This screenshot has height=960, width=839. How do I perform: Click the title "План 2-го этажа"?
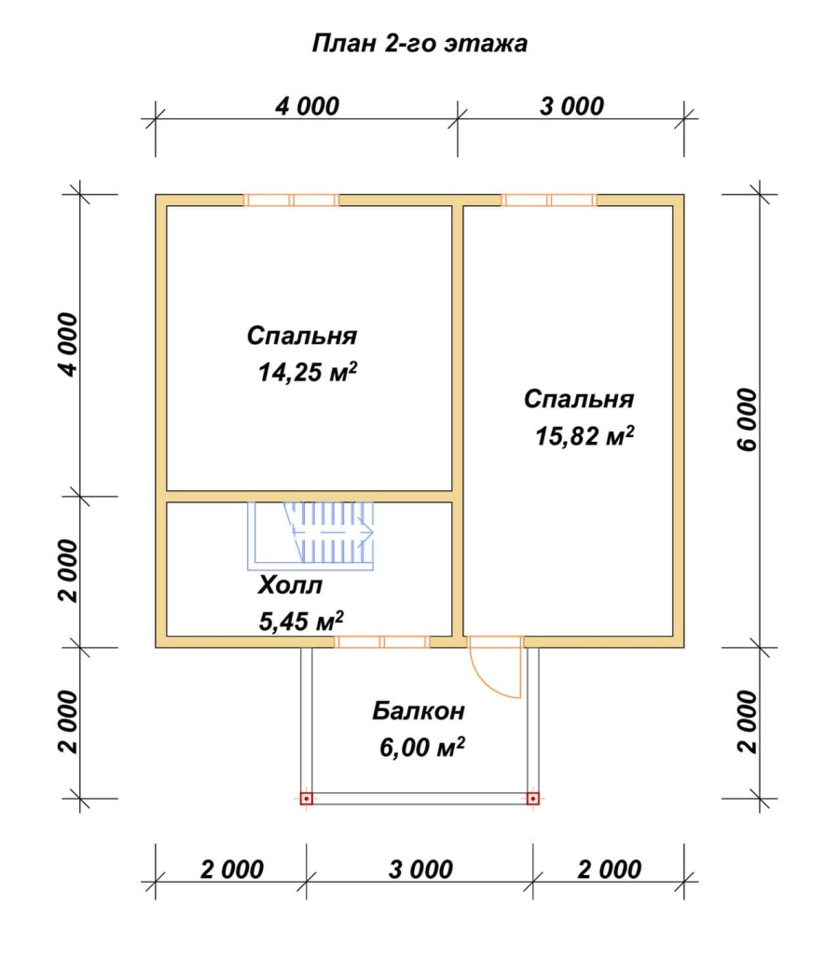pos(419,44)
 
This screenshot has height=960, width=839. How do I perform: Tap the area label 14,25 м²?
pos(308,372)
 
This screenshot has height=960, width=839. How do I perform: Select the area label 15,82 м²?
pos(585,436)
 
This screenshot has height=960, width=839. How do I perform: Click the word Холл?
pos(290,585)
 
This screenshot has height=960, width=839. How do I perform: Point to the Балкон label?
pos(419,711)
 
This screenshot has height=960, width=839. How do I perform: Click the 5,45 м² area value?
pos(301,621)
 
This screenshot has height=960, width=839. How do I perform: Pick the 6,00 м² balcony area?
pos(422,747)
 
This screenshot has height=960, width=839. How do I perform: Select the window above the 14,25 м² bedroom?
pos(292,200)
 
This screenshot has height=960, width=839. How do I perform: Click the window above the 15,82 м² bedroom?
pos(549,200)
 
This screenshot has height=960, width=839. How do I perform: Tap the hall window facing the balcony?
pos(382,641)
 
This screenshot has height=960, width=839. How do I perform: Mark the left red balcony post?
pos(306,799)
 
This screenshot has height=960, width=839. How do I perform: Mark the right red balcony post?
pos(533,799)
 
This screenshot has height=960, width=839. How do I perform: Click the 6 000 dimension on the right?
pos(748,420)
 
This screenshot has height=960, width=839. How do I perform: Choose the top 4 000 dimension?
pos(307,106)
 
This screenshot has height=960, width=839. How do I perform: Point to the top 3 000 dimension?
pos(571,106)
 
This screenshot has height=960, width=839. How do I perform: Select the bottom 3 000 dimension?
pos(420,870)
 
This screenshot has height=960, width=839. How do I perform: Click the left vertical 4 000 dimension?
pos(69,345)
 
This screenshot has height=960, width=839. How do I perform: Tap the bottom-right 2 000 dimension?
pos(610,870)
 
